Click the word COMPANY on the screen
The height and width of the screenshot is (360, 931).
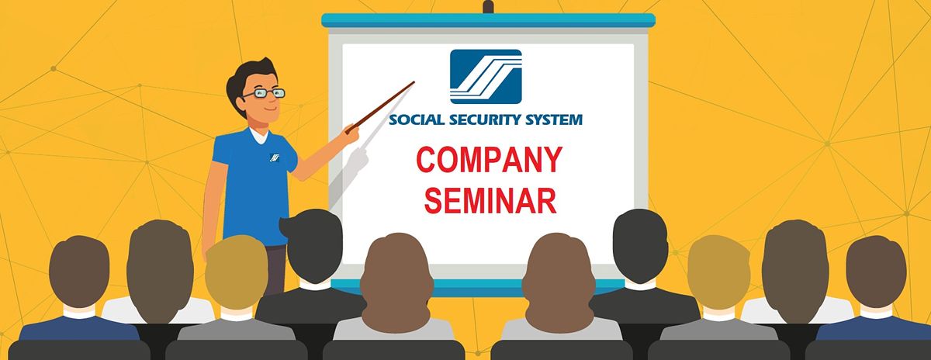click(x=490, y=160)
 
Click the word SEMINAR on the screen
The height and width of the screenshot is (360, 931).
click(x=490, y=201)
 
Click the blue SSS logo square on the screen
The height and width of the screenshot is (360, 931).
click(x=486, y=77)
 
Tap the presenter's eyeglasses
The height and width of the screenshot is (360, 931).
click(x=264, y=94)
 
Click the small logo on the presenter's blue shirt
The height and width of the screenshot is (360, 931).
click(x=275, y=157)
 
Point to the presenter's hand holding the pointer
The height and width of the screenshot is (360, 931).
click(x=351, y=133)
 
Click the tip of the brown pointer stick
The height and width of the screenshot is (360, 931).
click(x=414, y=82)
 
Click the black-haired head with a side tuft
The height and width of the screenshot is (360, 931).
click(x=313, y=246)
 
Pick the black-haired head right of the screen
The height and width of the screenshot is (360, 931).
click(x=641, y=246)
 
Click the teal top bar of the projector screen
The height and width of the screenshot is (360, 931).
click(x=488, y=20)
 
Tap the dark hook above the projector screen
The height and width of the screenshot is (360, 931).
click(x=488, y=7)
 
